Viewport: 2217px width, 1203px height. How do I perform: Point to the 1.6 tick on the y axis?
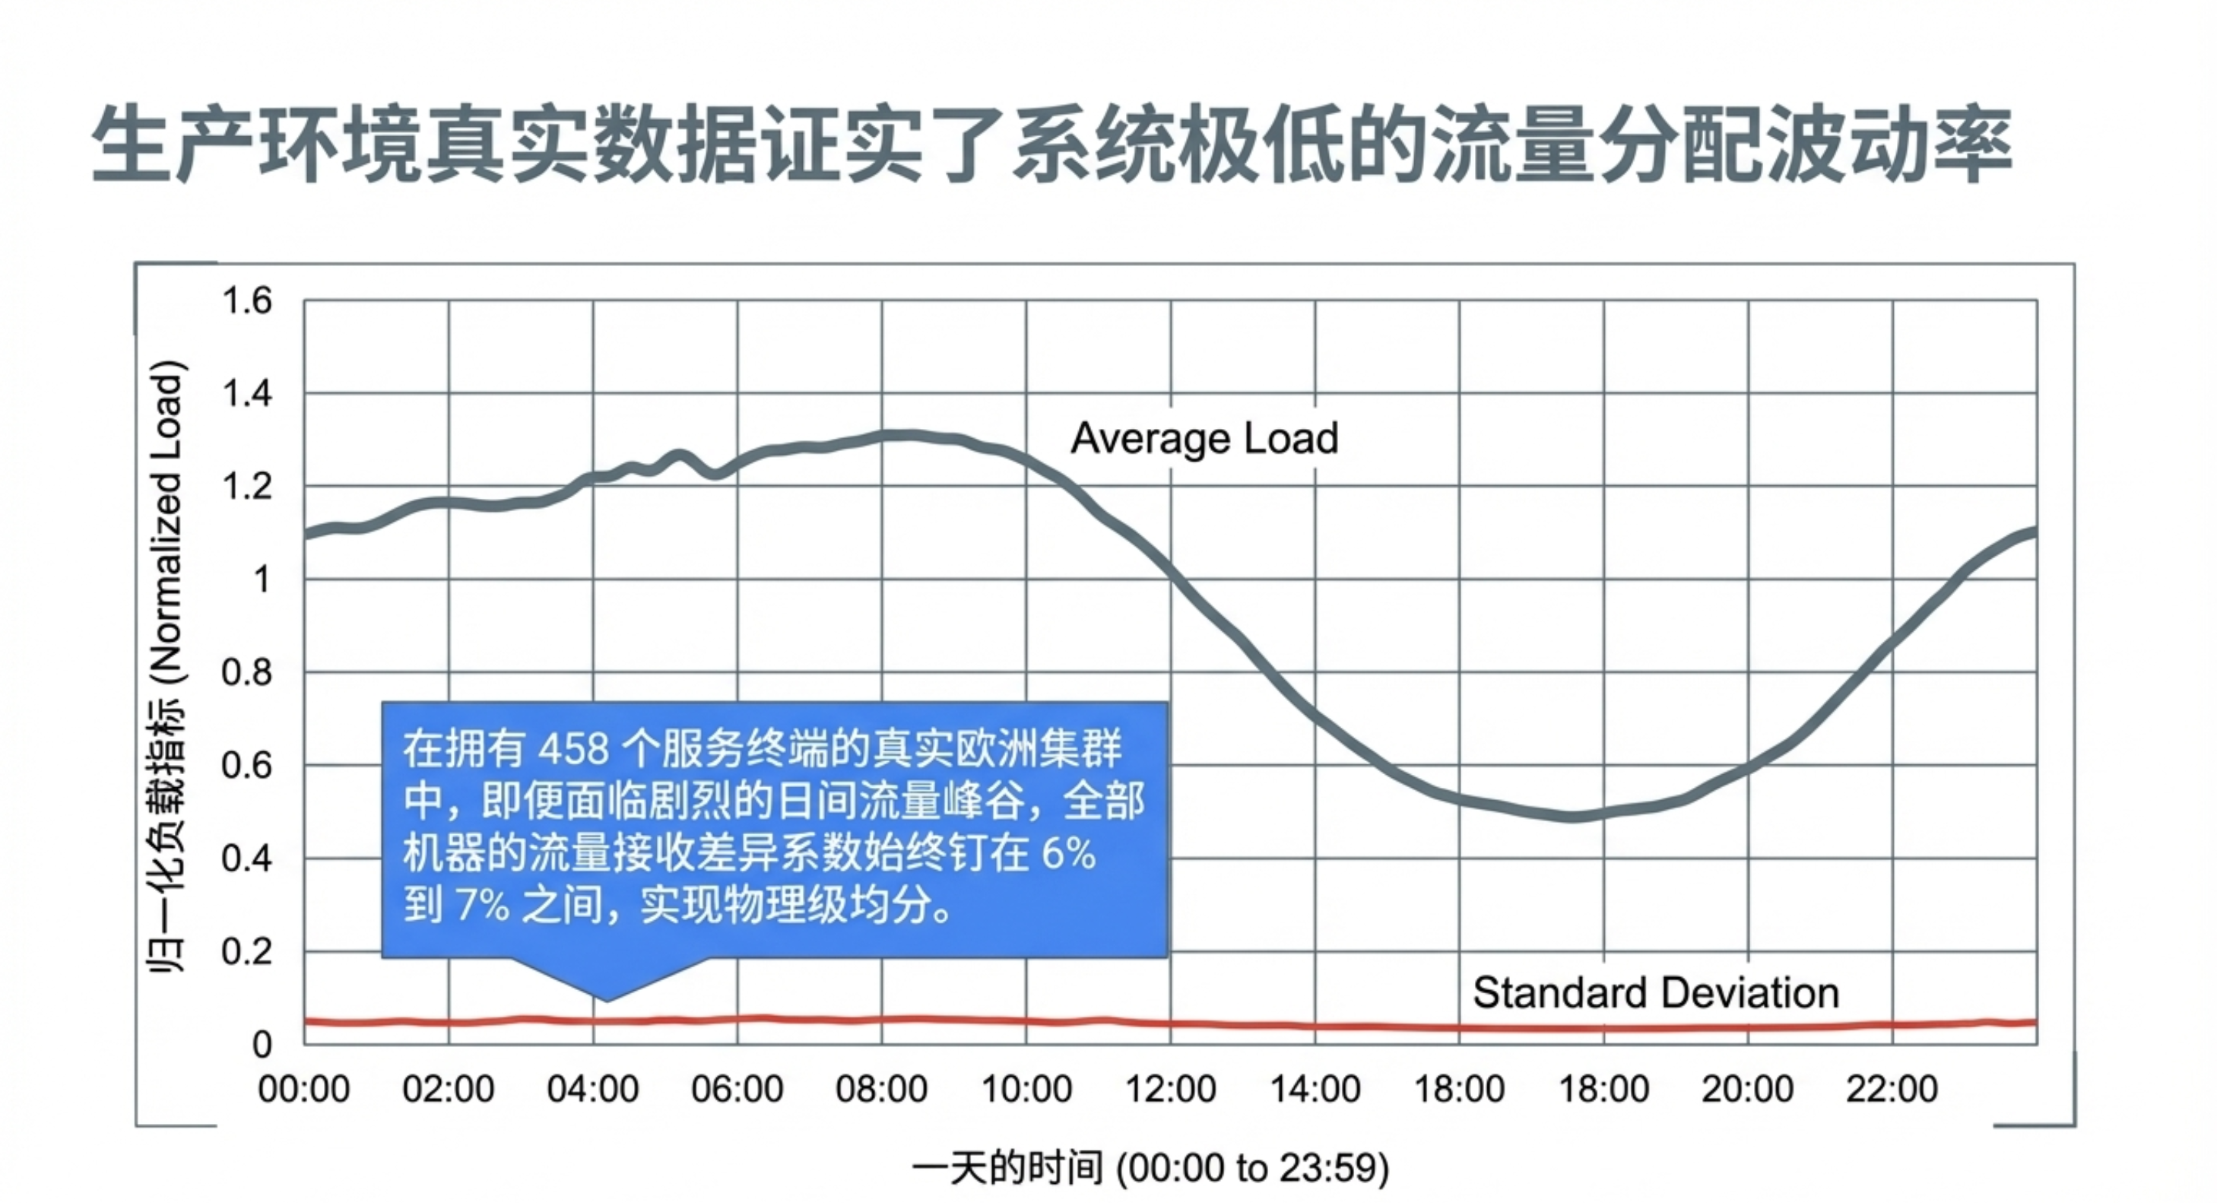[247, 301]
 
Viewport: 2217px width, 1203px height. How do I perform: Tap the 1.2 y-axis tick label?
[247, 487]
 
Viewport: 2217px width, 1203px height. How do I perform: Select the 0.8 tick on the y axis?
[247, 673]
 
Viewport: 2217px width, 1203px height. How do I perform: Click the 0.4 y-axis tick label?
[247, 859]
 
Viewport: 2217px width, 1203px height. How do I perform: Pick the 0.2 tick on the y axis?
[247, 952]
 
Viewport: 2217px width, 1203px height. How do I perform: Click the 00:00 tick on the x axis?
[304, 1090]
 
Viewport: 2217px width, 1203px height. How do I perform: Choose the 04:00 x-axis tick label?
[593, 1090]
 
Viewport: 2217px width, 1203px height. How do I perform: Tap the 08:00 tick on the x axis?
[881, 1090]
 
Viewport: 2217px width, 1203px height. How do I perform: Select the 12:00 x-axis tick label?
[1171, 1090]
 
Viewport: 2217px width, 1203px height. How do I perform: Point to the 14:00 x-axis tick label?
[1315, 1090]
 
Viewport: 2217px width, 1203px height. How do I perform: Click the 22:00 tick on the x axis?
[1892, 1090]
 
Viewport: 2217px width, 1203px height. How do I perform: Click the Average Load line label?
[1204, 438]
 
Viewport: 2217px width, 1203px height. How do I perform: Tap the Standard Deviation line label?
[1655, 993]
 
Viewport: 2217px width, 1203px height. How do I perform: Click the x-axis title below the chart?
[1150, 1169]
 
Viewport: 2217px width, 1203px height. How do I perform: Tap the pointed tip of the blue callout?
[607, 1000]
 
